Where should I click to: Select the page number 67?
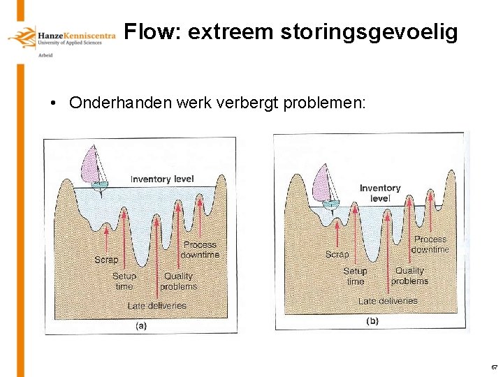(x=494, y=367)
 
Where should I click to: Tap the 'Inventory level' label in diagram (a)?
(x=162, y=179)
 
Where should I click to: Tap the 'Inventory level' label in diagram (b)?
(x=380, y=193)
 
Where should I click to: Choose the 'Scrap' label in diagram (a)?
(x=106, y=260)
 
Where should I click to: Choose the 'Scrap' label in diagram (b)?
(x=337, y=254)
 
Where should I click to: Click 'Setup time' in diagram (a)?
(x=124, y=281)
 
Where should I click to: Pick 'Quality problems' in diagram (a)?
(x=178, y=281)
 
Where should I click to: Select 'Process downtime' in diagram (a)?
(x=200, y=249)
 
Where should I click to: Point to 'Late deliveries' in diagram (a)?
(x=156, y=306)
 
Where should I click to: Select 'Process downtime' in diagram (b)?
(x=430, y=244)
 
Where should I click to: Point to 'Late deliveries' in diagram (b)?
(x=388, y=301)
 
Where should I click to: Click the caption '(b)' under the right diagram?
(x=372, y=321)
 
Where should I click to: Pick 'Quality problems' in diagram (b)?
(x=409, y=275)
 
